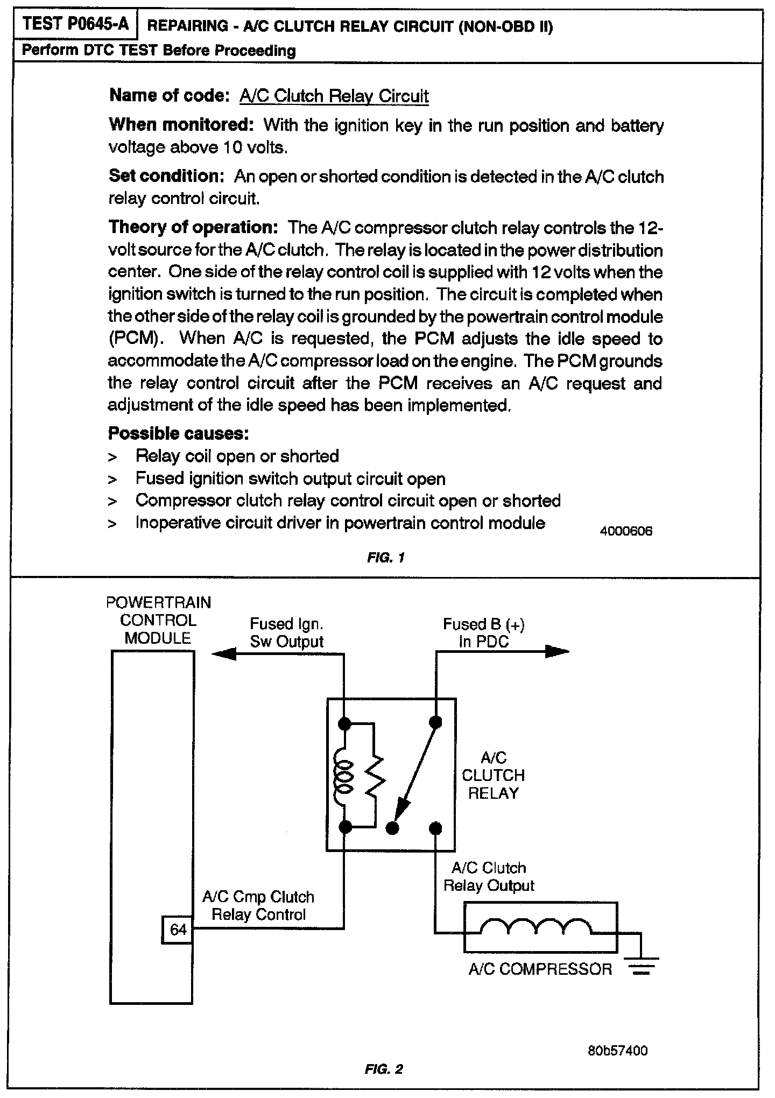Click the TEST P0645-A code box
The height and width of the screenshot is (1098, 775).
pyautogui.click(x=76, y=25)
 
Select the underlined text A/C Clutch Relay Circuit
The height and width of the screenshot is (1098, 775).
pyautogui.click(x=334, y=96)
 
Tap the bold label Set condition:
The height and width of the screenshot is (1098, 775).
pyautogui.click(x=166, y=176)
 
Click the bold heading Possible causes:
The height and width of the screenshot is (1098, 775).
pyautogui.click(x=178, y=433)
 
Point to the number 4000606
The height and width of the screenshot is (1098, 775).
pyautogui.click(x=626, y=531)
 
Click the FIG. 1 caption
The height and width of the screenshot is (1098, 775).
pyautogui.click(x=385, y=558)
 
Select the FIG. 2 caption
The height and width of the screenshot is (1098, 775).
pyautogui.click(x=384, y=1069)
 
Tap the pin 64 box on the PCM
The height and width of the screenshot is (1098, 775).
pyautogui.click(x=178, y=930)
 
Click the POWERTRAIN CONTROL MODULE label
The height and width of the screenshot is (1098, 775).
pyautogui.click(x=158, y=620)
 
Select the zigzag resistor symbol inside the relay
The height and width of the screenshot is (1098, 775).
pyautogui.click(x=374, y=775)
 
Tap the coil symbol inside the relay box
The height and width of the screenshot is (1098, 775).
pyautogui.click(x=342, y=775)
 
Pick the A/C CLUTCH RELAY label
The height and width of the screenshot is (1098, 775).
pyautogui.click(x=493, y=775)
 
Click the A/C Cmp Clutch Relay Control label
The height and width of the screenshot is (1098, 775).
pyautogui.click(x=258, y=905)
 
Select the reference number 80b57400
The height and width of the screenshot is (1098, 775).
pyautogui.click(x=617, y=1051)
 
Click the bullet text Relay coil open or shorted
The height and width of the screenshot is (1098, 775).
pyautogui.click(x=237, y=456)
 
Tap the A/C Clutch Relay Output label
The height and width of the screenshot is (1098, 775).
pyautogui.click(x=489, y=876)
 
